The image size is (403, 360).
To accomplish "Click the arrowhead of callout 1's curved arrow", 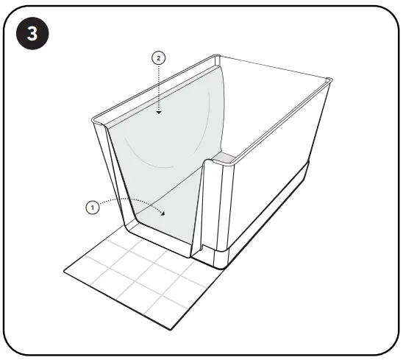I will [x=163, y=213].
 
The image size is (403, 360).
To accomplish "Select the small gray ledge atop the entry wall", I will [x=223, y=157].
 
